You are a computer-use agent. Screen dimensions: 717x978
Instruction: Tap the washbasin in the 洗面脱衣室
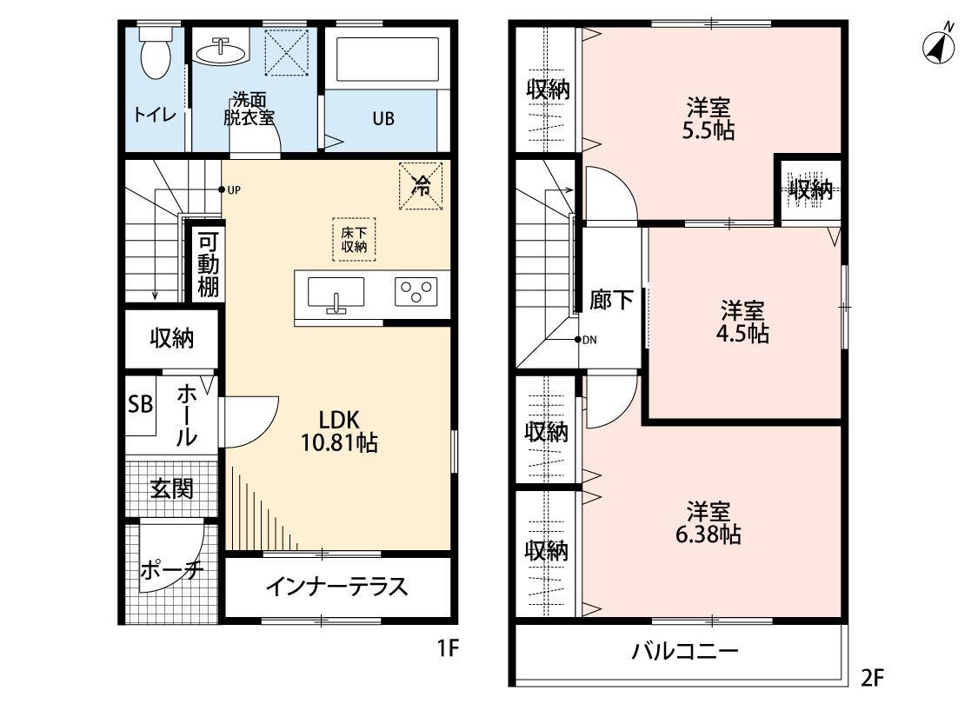click(x=220, y=52)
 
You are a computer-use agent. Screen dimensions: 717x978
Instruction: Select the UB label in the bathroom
click(x=383, y=119)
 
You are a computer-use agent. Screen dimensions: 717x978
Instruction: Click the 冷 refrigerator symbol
click(x=421, y=185)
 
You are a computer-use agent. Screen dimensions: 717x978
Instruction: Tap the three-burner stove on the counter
click(x=418, y=292)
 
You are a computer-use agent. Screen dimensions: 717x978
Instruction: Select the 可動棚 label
click(x=208, y=264)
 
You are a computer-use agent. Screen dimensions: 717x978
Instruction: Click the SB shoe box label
click(x=140, y=405)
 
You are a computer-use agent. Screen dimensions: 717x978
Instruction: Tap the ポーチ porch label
click(x=170, y=570)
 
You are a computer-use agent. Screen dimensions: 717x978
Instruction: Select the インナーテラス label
click(x=336, y=587)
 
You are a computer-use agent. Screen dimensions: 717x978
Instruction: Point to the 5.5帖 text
click(x=709, y=131)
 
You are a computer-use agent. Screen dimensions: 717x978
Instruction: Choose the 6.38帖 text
click(x=708, y=534)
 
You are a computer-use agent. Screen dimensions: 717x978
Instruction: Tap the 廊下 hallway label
click(x=612, y=301)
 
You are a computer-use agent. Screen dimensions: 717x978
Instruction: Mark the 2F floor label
click(x=871, y=677)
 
